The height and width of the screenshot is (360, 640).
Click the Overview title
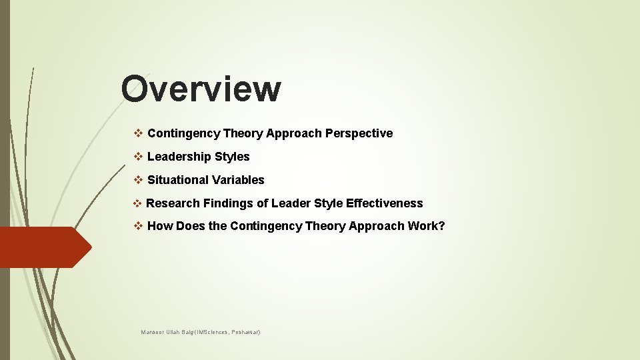201,89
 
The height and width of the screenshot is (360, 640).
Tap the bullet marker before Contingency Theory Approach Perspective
139,133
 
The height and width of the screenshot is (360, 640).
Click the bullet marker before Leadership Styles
139,157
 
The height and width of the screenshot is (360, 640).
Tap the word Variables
238,180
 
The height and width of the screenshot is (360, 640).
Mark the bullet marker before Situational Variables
139,180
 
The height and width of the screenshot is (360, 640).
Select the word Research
173,203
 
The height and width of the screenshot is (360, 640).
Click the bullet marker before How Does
139,226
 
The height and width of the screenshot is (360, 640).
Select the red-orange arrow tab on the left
44,247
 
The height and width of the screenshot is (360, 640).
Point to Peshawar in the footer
244,331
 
